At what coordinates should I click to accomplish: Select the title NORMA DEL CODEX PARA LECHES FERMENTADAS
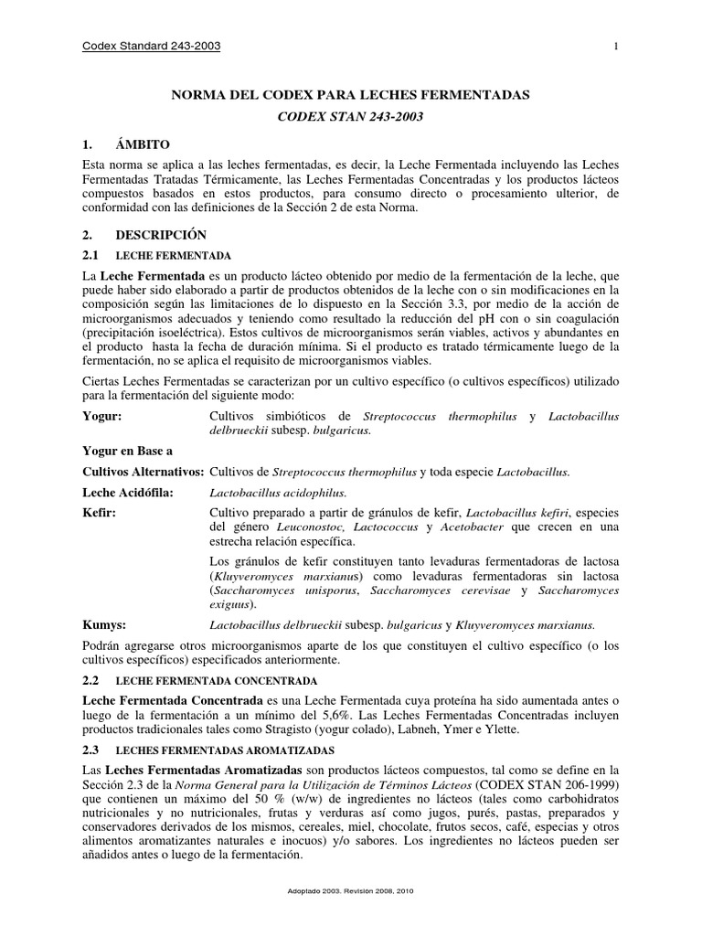(351, 95)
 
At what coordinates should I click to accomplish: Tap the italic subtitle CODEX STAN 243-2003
(351, 118)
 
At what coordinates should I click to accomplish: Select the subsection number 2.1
(90, 254)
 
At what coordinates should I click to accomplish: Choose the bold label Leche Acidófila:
(127, 492)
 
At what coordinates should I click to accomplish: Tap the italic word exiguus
(233, 604)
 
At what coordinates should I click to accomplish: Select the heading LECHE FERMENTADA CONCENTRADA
(215, 682)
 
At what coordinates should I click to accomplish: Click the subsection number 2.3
(90, 749)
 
